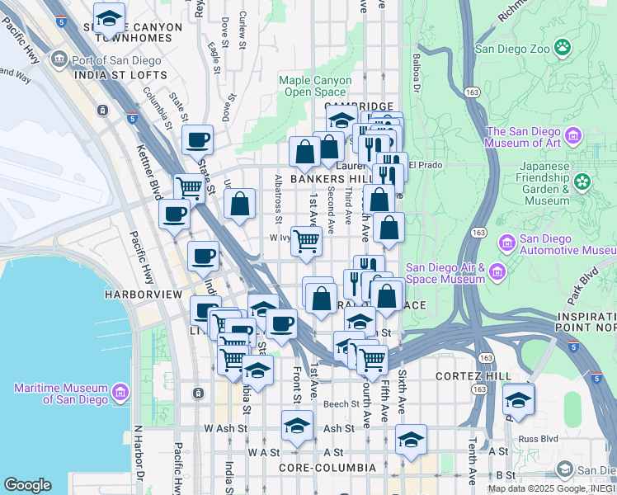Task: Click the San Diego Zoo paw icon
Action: [563, 48]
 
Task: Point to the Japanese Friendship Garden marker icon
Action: [583, 181]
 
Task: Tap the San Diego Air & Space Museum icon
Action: [497, 272]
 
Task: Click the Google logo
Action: [27, 485]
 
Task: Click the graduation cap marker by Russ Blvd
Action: [518, 401]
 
